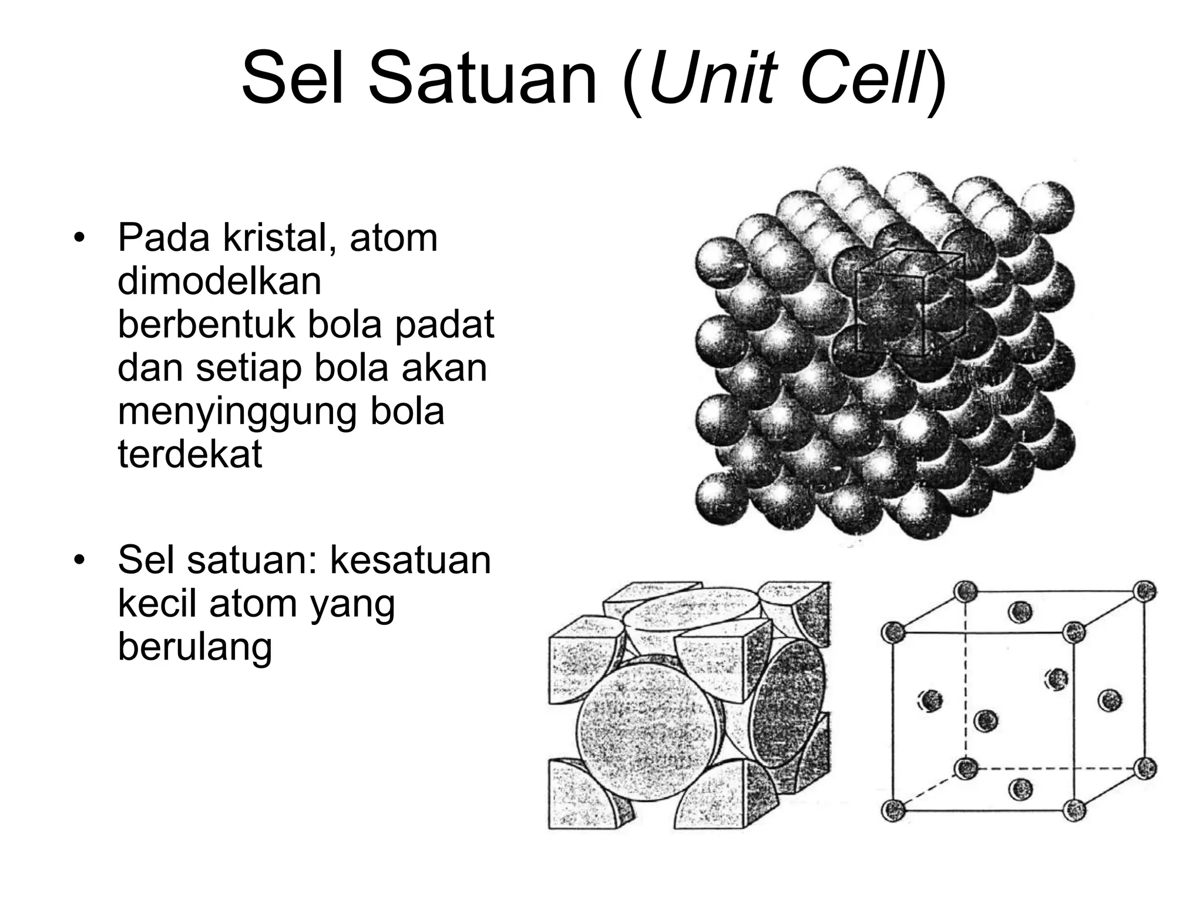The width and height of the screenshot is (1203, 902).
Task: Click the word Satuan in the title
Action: pos(482,79)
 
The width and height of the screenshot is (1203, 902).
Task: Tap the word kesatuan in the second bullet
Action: pos(410,560)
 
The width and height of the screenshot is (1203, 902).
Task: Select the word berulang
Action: pos(195,647)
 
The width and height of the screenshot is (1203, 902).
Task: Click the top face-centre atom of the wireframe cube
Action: pos(1020,612)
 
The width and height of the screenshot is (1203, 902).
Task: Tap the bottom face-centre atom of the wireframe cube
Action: pos(1020,789)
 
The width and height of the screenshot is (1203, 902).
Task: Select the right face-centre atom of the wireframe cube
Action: pos(1109,699)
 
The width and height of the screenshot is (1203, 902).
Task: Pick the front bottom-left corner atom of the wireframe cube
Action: pos(893,810)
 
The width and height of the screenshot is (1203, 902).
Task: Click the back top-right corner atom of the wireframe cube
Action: pos(1144,591)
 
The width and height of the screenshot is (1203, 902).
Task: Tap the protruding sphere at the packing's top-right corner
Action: pos(1047,207)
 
